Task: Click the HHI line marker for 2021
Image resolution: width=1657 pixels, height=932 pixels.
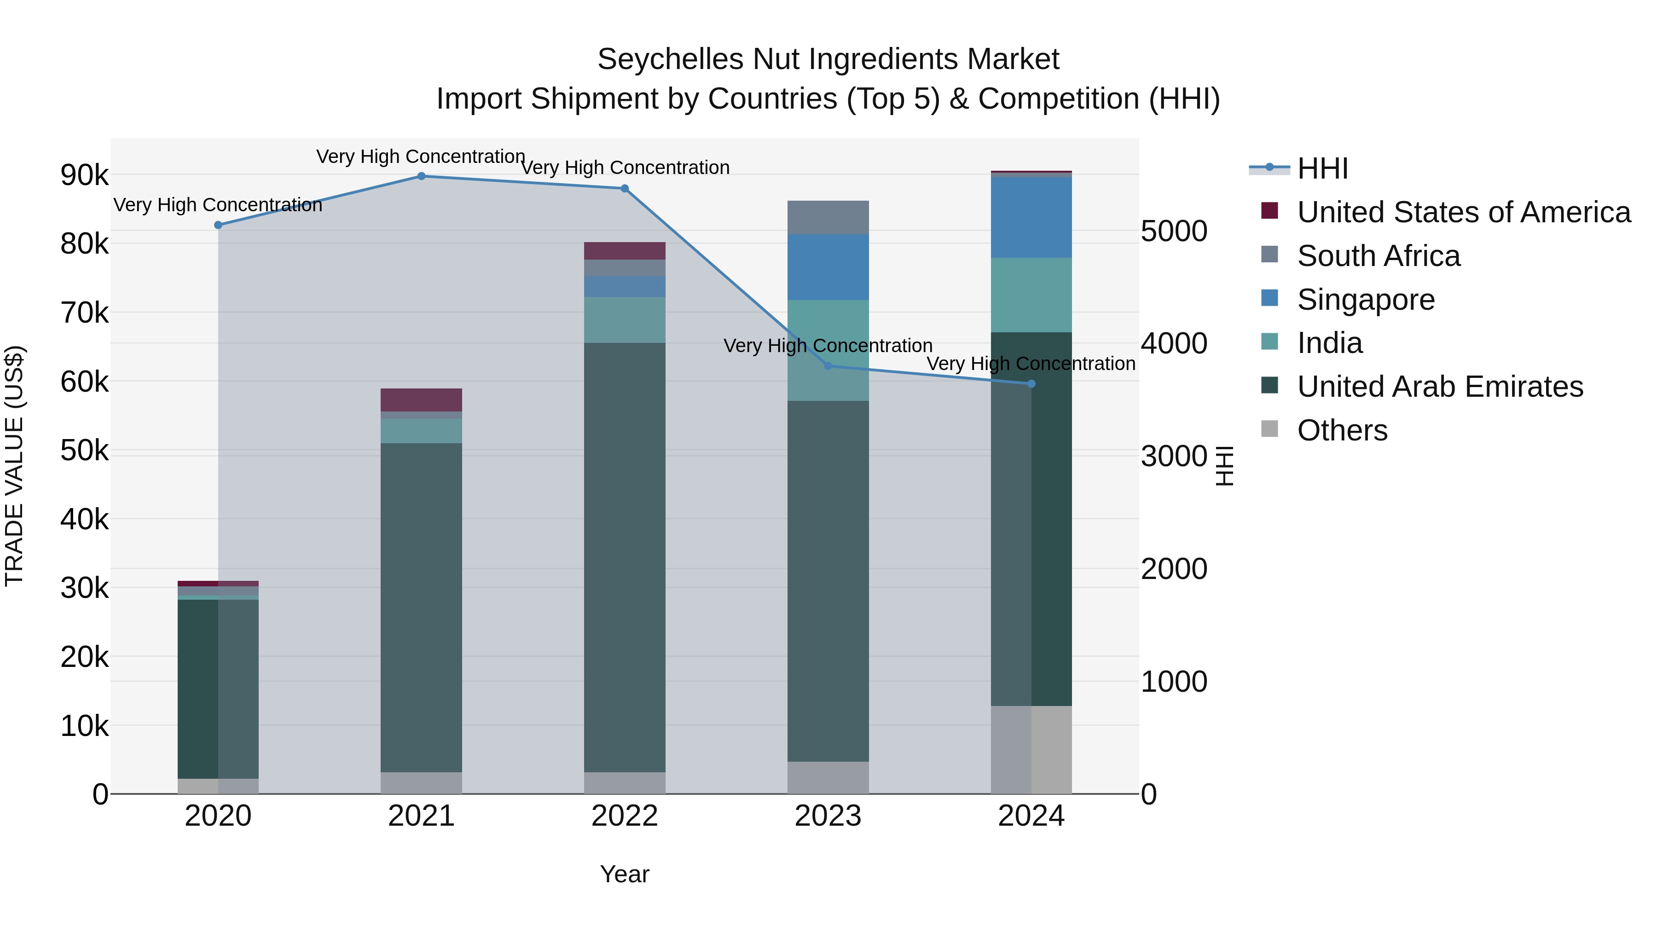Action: pyautogui.click(x=421, y=176)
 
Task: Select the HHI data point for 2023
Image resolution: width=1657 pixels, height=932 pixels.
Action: pyautogui.click(x=828, y=366)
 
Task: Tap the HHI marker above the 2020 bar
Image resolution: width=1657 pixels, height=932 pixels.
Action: pyautogui.click(x=218, y=225)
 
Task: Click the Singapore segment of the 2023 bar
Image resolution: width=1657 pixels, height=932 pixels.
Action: pyautogui.click(x=828, y=267)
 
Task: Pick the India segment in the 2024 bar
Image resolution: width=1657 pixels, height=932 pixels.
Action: pyautogui.click(x=1031, y=295)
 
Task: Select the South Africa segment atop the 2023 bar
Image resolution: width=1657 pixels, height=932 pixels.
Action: pyautogui.click(x=828, y=217)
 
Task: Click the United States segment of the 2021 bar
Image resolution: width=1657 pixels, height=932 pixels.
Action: pyautogui.click(x=421, y=399)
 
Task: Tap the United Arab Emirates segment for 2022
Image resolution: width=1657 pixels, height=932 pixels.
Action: pyautogui.click(x=625, y=557)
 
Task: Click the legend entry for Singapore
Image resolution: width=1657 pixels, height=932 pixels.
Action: pyautogui.click(x=1365, y=300)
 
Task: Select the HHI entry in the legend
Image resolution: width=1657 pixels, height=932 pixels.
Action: pyautogui.click(x=1322, y=168)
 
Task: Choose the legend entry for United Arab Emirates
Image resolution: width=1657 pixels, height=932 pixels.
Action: pyautogui.click(x=1440, y=387)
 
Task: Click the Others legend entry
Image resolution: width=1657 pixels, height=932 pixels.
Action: pyautogui.click(x=1342, y=430)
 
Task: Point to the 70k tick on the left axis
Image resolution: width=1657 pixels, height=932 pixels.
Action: pyautogui.click(x=84, y=313)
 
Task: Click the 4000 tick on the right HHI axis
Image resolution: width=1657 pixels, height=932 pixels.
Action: pyautogui.click(x=1174, y=343)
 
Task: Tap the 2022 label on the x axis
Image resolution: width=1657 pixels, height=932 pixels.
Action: pyautogui.click(x=625, y=816)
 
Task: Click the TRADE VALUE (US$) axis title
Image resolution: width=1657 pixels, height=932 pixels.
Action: pyautogui.click(x=15, y=466)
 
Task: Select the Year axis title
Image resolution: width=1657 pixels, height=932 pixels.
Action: pyautogui.click(x=625, y=874)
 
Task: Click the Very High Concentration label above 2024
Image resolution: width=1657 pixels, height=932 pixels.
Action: pyautogui.click(x=1031, y=364)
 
